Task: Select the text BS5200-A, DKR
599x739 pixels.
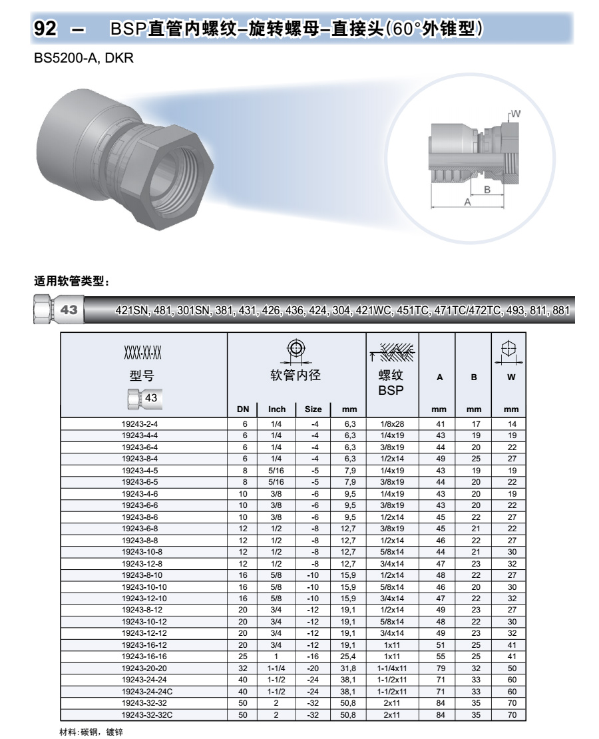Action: [x=84, y=59]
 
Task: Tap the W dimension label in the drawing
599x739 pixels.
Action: [x=515, y=114]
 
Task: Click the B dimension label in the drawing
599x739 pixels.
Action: [x=487, y=190]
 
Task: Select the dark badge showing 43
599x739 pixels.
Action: [x=69, y=310]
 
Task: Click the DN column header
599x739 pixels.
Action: [x=243, y=409]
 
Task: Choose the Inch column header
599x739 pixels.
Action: [x=276, y=409]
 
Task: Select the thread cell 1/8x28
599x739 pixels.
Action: [x=391, y=423]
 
